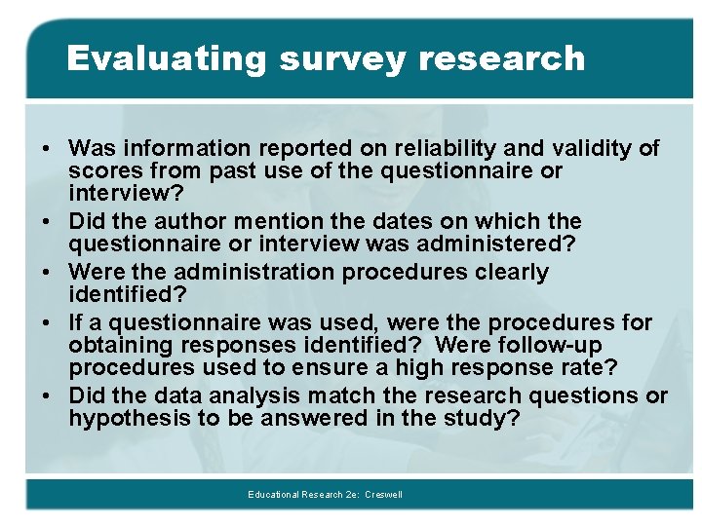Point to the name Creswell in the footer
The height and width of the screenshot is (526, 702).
tap(383, 495)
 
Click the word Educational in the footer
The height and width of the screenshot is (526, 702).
tap(273, 495)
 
